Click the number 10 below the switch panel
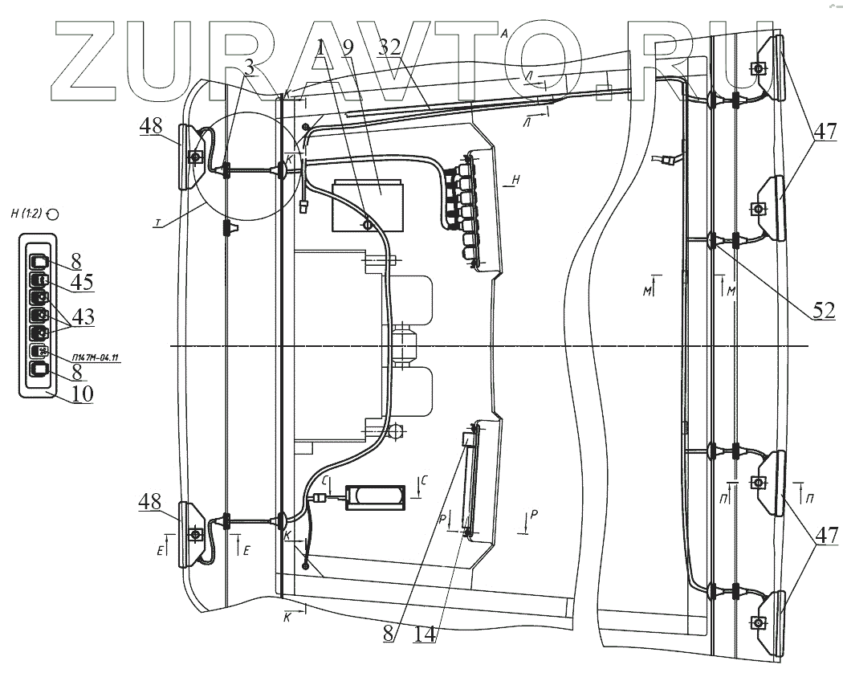pos(80,394)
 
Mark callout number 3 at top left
pos(249,67)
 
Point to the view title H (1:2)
pos(33,214)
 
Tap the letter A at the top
pos(503,36)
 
